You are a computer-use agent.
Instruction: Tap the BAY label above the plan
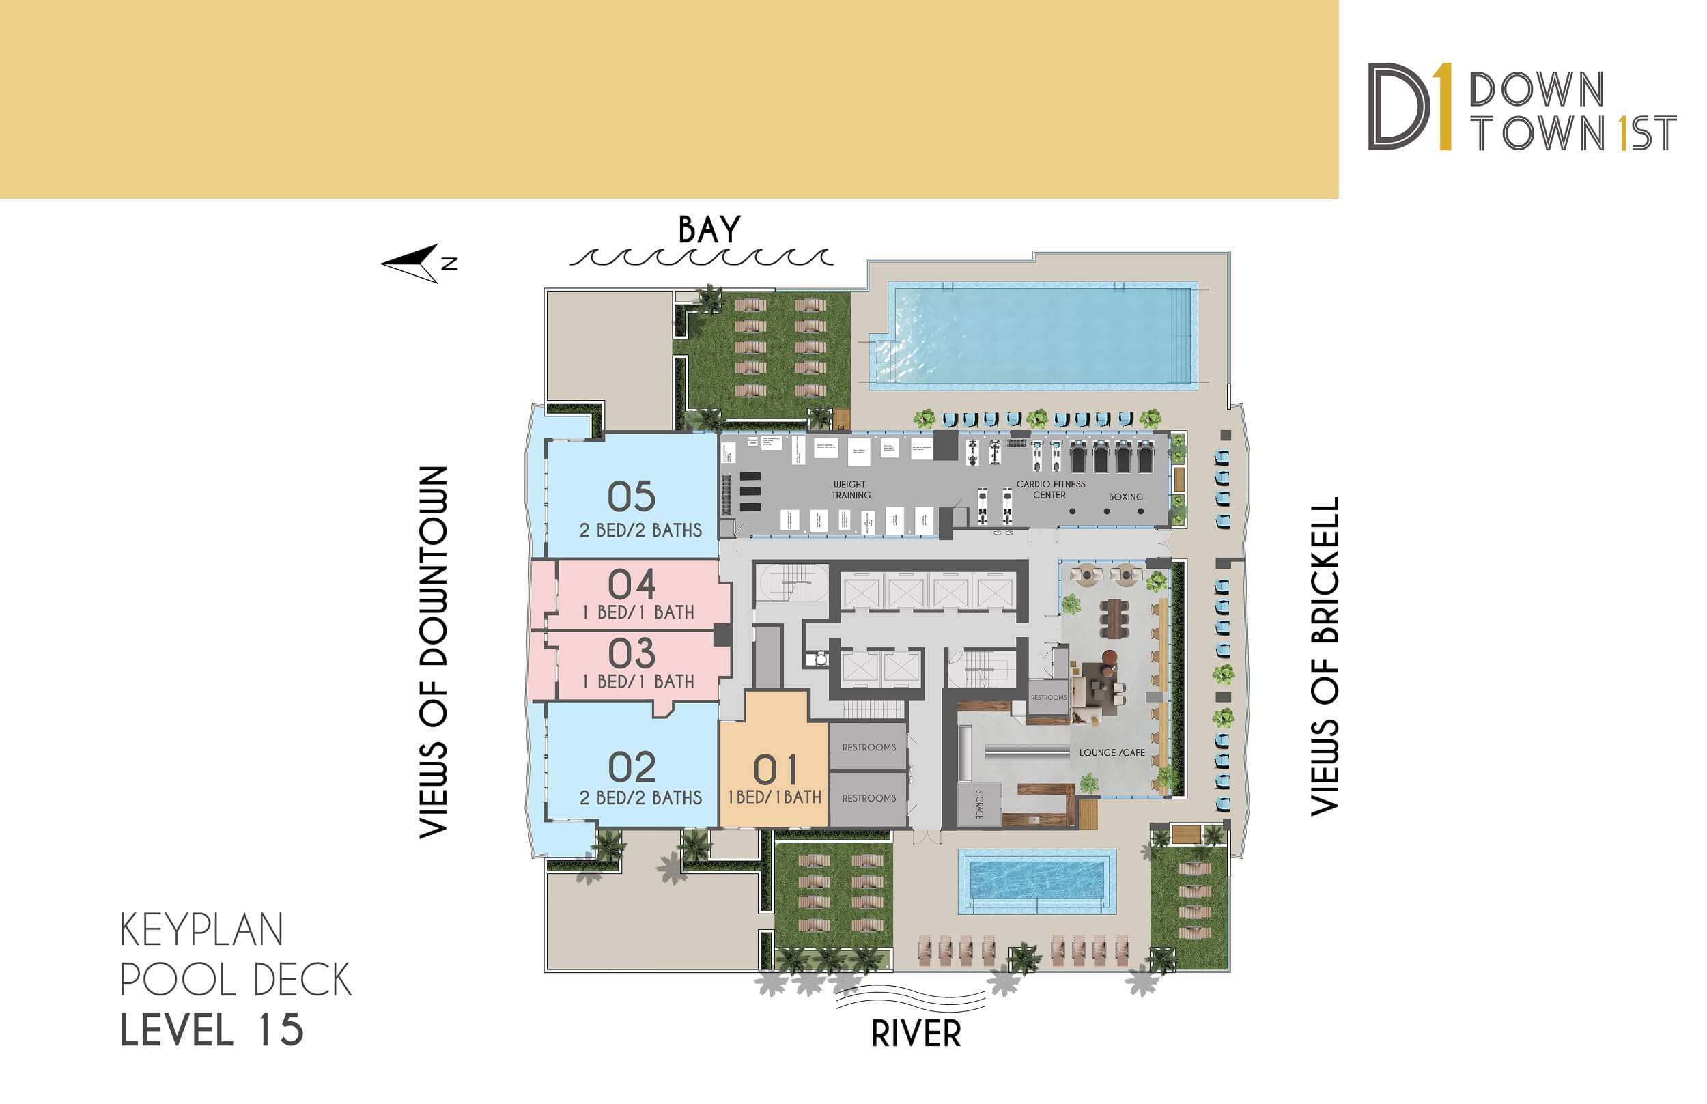[x=708, y=230]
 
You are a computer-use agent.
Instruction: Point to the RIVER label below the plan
[x=916, y=1034]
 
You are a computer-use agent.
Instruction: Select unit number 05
[x=632, y=496]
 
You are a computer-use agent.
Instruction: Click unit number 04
[x=632, y=585]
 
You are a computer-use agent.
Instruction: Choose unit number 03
[x=632, y=654]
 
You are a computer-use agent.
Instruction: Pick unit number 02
[x=632, y=768]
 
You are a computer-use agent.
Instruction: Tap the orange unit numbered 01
[x=775, y=772]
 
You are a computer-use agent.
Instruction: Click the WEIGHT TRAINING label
[x=850, y=490]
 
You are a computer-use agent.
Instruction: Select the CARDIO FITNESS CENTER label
[x=1050, y=490]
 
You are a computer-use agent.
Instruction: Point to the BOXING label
[x=1125, y=497]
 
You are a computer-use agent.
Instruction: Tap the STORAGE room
[x=979, y=804]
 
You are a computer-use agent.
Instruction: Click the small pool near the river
[x=1036, y=881]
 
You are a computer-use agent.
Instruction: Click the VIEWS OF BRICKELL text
[x=1325, y=656]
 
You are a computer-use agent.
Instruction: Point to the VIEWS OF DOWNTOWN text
[x=433, y=653]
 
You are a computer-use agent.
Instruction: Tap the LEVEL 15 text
[x=212, y=1030]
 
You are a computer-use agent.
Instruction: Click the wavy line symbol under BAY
[x=701, y=257]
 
